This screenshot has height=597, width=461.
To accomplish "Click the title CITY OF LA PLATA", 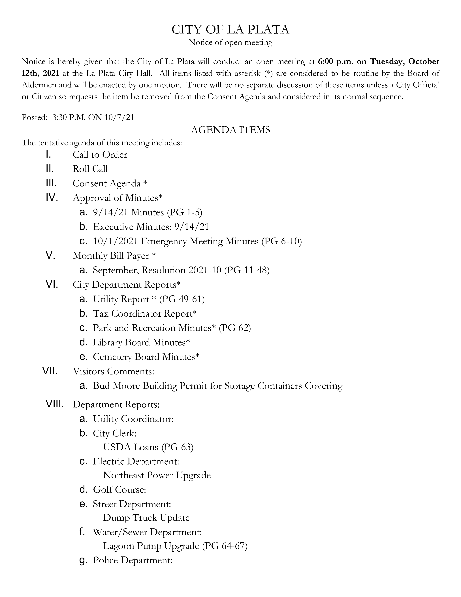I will click(230, 29).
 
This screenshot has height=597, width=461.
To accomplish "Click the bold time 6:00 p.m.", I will click(335, 62).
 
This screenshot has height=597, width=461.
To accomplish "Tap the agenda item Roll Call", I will click(90, 169).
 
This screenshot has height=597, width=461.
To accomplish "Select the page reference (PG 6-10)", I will click(281, 241).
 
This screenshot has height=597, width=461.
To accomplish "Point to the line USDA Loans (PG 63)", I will click(148, 447).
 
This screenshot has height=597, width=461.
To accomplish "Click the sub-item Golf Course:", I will click(119, 489).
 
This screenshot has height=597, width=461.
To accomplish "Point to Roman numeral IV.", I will click(52, 198).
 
